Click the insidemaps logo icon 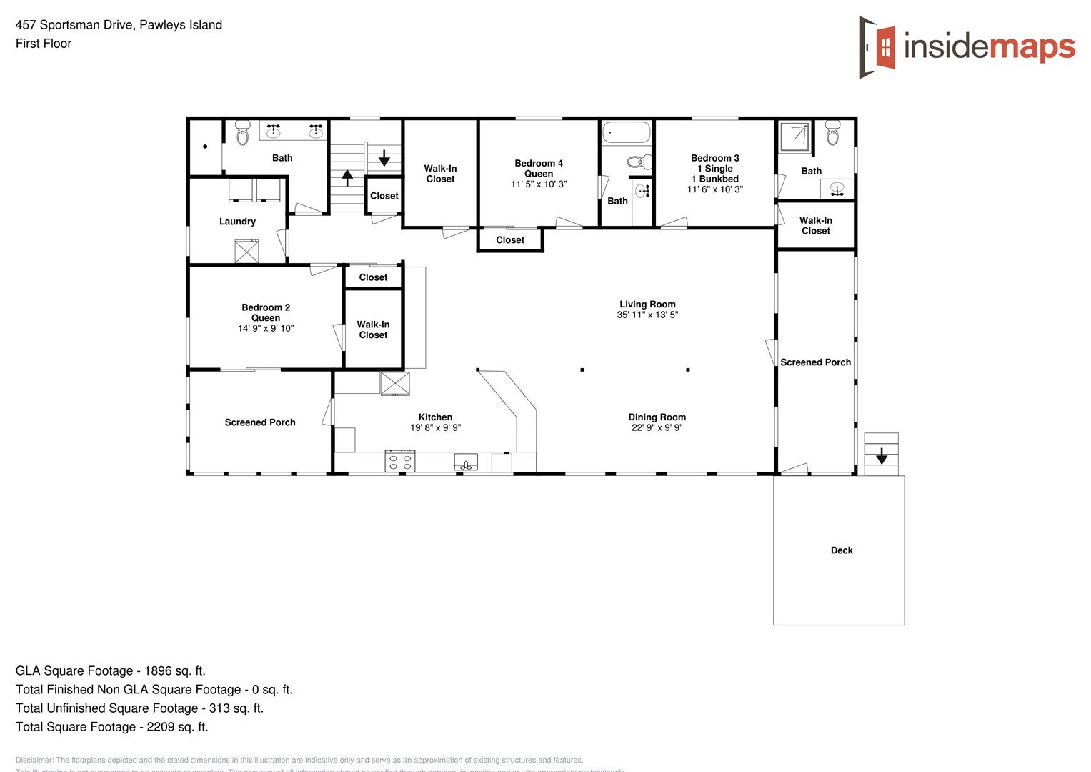point(878,47)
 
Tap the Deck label point(842,550)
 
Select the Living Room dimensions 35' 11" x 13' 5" point(647,315)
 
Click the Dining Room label point(657,417)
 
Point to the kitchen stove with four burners point(400,461)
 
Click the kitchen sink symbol point(466,462)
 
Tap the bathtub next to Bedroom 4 point(627,132)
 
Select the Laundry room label point(237,222)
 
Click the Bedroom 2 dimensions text point(266,329)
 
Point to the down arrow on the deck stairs point(882,455)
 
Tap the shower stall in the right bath point(794,137)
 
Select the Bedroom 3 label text point(714,158)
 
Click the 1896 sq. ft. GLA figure point(174,671)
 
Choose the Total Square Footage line point(112,727)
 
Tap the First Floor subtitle point(44,44)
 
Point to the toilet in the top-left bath point(242,132)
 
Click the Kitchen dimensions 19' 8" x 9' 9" point(435,428)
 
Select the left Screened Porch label point(260,422)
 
